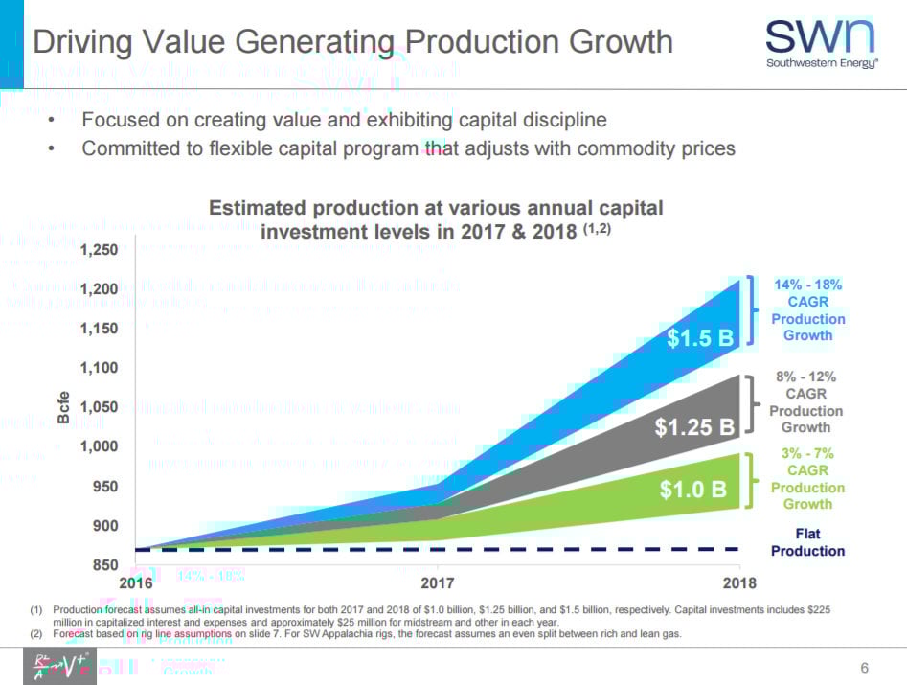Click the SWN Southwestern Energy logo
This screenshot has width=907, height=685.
pos(819,44)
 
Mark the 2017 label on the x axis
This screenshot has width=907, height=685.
pos(439,582)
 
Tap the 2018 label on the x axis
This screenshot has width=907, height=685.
pos(739,582)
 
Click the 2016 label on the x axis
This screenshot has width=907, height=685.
pos(135,582)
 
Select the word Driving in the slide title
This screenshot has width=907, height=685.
pos(85,42)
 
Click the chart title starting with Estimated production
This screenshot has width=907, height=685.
pos(436,219)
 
